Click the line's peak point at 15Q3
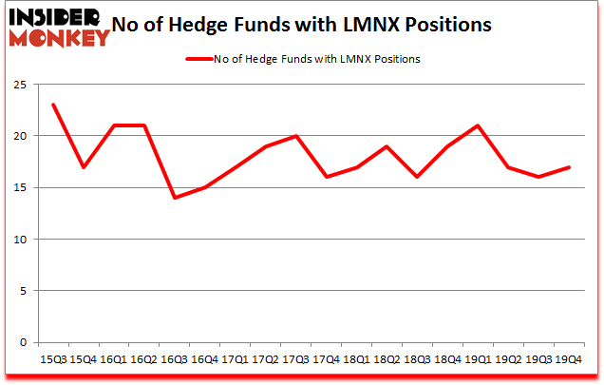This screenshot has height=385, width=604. click(53, 105)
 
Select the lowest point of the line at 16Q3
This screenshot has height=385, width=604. click(176, 198)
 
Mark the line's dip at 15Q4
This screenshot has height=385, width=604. click(84, 167)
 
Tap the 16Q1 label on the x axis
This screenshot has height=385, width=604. click(114, 358)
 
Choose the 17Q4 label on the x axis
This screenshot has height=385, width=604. click(329, 358)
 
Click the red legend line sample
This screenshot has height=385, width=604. click(198, 59)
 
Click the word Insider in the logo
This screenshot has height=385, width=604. click(47, 16)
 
